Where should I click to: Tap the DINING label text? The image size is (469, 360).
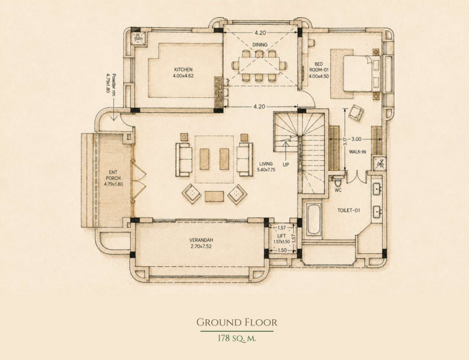pyautogui.click(x=259, y=44)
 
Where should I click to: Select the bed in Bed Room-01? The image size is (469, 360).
pyautogui.click(x=362, y=73)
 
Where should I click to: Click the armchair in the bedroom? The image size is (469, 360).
pyautogui.click(x=356, y=113)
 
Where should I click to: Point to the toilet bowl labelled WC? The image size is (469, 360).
pyautogui.click(x=338, y=182)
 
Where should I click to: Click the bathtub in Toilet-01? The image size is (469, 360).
pyautogui.click(x=314, y=219)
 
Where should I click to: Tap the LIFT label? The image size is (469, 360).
pyautogui.click(x=282, y=236)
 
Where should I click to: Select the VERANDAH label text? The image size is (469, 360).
pyautogui.click(x=201, y=240)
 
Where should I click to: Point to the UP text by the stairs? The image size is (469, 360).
pyautogui.click(x=286, y=165)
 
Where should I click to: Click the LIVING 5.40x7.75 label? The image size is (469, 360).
pyautogui.click(x=266, y=166)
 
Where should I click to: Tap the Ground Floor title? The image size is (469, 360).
pyautogui.click(x=237, y=322)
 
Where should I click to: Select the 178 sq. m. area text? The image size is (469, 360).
pyautogui.click(x=237, y=338)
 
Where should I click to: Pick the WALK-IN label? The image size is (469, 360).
pyautogui.click(x=357, y=152)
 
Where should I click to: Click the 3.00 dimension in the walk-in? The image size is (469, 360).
pyautogui.click(x=356, y=139)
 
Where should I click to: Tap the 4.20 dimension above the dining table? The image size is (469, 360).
pyautogui.click(x=260, y=33)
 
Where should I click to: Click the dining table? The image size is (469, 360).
pyautogui.click(x=259, y=65)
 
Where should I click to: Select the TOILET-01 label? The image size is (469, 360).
pyautogui.click(x=348, y=210)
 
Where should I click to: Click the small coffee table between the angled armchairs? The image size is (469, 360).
pyautogui.click(x=214, y=197)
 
